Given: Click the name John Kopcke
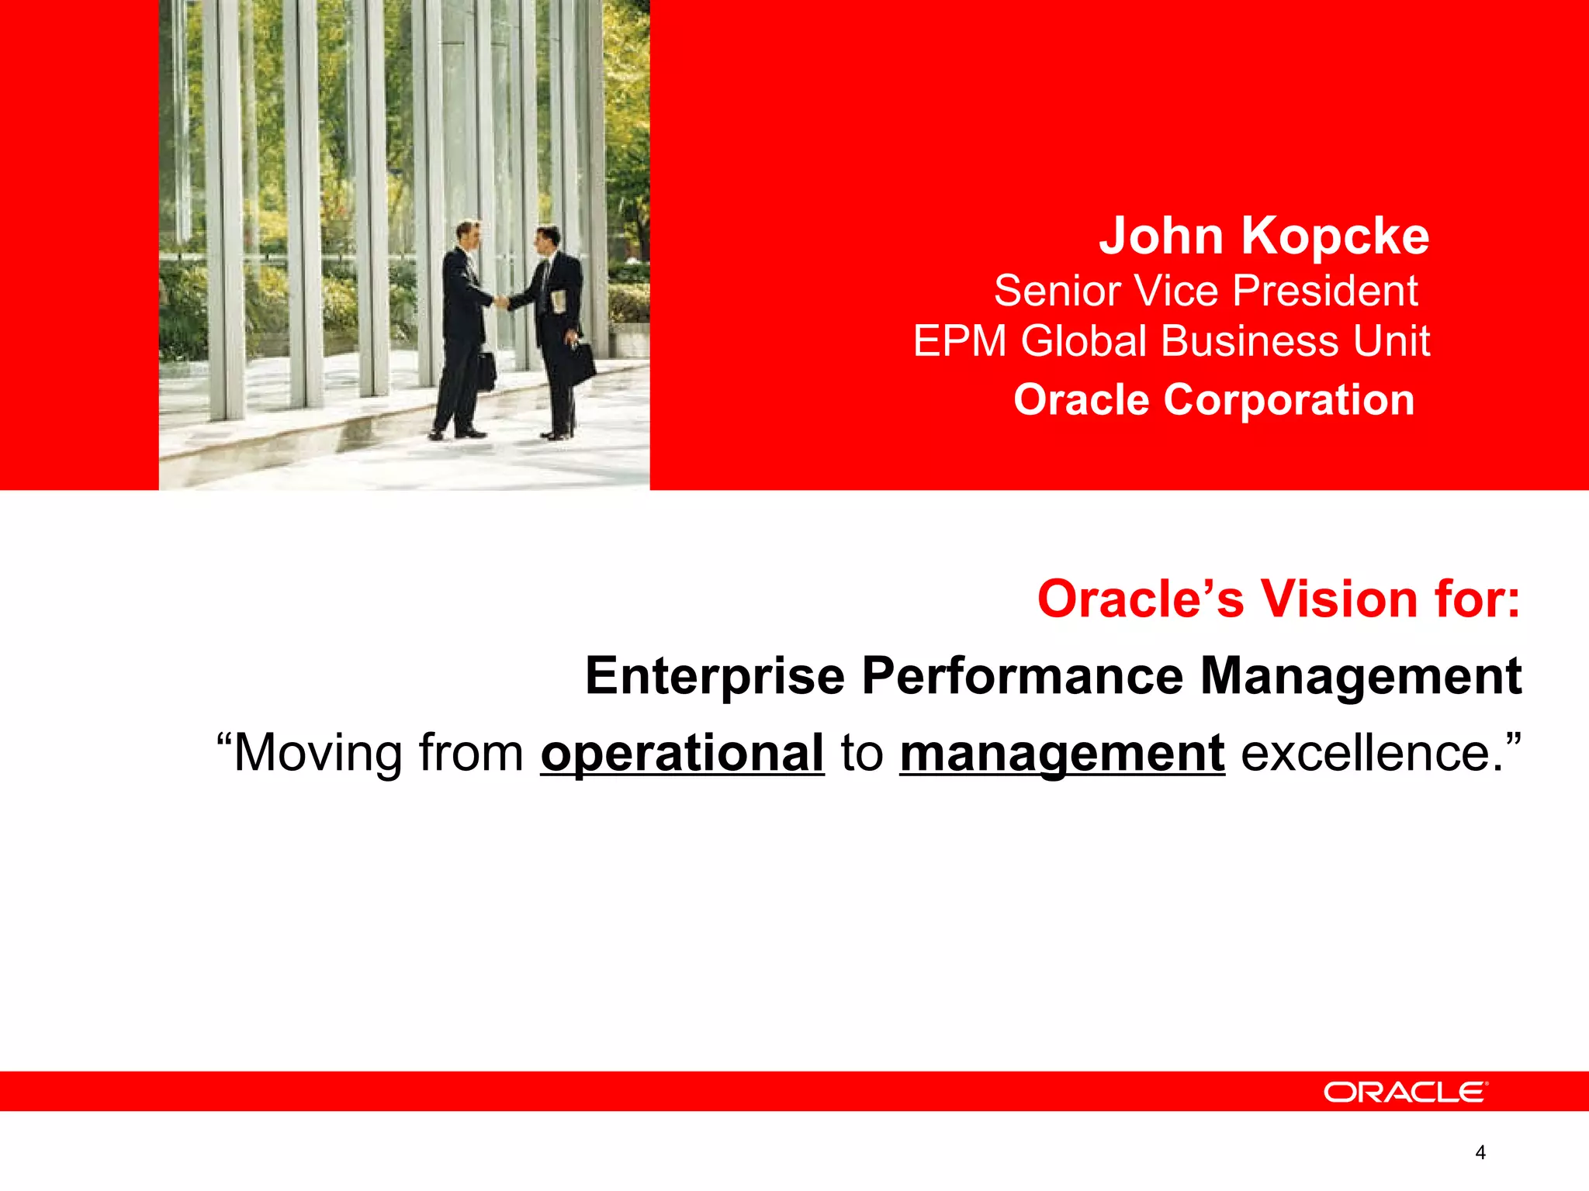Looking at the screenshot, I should pyautogui.click(x=1264, y=236).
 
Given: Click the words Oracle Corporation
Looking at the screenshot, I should pyautogui.click(x=1214, y=400).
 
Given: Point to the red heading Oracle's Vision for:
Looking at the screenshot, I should pyautogui.click(x=1279, y=599).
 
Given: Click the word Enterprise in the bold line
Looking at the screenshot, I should pyautogui.click(x=715, y=676).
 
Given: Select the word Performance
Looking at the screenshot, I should pyautogui.click(x=1023, y=676).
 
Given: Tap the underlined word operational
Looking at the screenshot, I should pyautogui.click(x=682, y=753).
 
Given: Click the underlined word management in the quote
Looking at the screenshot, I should pyautogui.click(x=1062, y=753).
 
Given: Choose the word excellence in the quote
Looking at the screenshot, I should pyautogui.click(x=1366, y=753).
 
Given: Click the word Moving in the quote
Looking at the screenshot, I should pyautogui.click(x=318, y=753).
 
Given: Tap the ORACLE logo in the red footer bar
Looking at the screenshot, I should pyautogui.click(x=1405, y=1093).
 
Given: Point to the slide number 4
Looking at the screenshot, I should pyautogui.click(x=1480, y=1153).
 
